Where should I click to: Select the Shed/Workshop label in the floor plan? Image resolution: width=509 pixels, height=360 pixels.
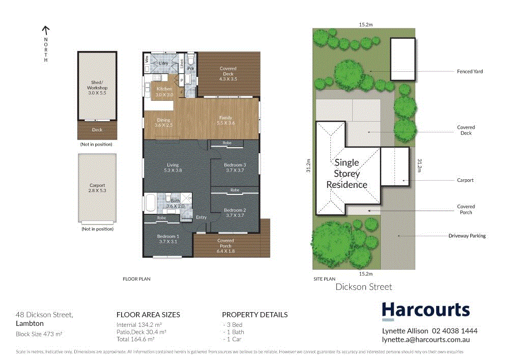click(97, 88)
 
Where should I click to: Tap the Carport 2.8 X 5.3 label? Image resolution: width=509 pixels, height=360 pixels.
click(97, 188)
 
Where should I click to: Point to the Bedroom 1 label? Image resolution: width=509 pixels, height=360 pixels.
click(168, 239)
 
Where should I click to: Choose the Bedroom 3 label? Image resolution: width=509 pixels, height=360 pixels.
click(235, 168)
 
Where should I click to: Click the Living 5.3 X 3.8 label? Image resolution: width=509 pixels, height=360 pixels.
click(173, 168)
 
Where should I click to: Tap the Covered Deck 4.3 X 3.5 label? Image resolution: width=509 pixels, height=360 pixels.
click(228, 74)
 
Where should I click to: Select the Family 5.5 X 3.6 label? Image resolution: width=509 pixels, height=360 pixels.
click(225, 120)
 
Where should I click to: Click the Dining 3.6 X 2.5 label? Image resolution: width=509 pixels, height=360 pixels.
click(163, 122)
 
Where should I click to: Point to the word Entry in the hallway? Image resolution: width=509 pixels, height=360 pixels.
click(202, 217)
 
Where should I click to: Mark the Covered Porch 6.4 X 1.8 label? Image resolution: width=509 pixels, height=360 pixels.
click(225, 243)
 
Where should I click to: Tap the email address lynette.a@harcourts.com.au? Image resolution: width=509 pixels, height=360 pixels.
click(426, 340)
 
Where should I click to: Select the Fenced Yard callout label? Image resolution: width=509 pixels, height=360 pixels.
click(469, 72)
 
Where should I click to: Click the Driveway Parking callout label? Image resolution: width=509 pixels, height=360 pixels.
click(467, 236)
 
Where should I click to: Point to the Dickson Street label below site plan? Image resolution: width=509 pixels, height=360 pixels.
click(363, 287)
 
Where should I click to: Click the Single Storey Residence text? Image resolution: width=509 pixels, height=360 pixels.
click(347, 174)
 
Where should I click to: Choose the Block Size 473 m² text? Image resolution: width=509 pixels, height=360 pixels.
click(39, 334)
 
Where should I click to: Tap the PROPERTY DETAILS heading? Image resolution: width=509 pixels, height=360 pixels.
click(254, 315)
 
